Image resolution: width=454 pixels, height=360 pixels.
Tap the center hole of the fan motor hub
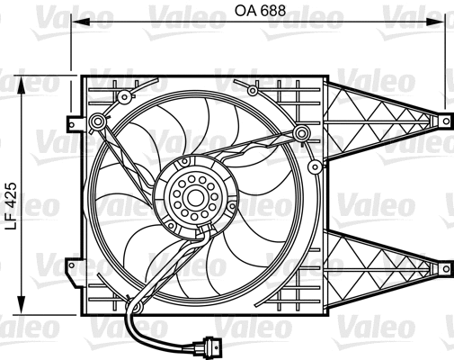click(x=192, y=197)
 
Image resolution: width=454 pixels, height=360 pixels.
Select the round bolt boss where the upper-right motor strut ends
click(x=301, y=135)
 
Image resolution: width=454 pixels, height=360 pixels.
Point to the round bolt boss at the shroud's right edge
click(x=314, y=167)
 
